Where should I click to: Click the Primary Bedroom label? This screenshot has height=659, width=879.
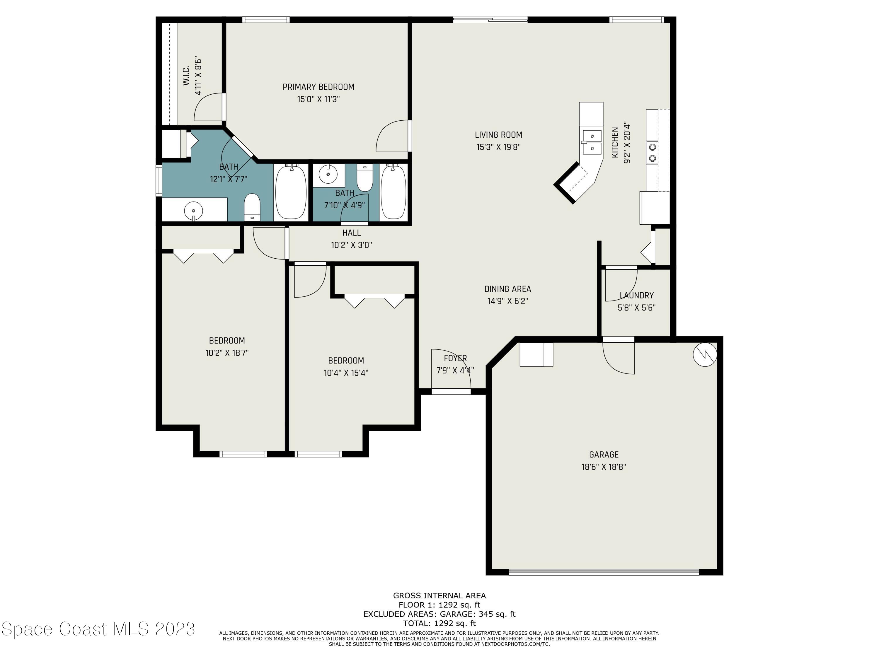pos(318,87)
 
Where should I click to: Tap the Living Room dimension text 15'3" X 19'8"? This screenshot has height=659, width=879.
pos(498,147)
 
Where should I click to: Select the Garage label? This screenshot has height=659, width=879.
pos(604,455)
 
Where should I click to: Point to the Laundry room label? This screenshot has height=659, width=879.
pos(637,295)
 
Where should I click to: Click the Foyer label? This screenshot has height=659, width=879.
pos(455,358)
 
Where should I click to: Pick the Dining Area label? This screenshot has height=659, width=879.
pos(507,289)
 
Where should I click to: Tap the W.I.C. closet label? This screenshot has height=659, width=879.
pos(185,76)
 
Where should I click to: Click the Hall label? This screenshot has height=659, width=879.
pos(352,233)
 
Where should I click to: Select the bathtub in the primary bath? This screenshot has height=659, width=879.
pos(291,192)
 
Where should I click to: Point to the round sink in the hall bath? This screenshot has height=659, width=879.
pos(328,174)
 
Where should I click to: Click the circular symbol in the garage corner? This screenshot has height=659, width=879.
pos(705,354)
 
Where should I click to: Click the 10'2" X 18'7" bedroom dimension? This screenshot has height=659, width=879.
pos(227,353)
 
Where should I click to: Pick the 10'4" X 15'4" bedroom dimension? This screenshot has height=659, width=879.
pos(346,373)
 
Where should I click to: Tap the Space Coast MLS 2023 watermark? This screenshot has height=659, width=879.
pos(98,629)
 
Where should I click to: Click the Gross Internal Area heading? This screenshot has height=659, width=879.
pos(439,595)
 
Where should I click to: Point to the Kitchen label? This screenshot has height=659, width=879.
pos(615,142)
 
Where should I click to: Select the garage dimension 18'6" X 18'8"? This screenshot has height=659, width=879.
pos(604,467)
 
